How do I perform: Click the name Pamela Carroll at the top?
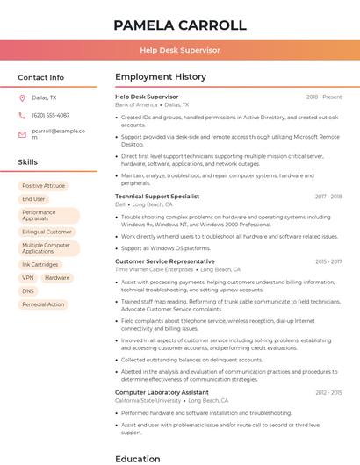[x=179, y=25]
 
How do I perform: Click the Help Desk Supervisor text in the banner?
[x=179, y=50]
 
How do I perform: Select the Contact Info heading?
[x=40, y=77]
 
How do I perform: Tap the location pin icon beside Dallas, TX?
[x=22, y=98]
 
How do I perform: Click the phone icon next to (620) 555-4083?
[x=22, y=116]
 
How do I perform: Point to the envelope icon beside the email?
[x=22, y=134]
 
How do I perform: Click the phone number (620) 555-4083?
[x=50, y=116]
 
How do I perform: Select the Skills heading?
[x=28, y=162]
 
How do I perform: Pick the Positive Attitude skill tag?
[x=44, y=186]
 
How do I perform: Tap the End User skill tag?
[x=33, y=199]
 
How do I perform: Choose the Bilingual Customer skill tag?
[x=47, y=232]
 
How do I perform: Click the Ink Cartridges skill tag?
[x=40, y=264]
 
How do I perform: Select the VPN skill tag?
[x=28, y=277]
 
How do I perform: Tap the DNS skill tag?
[x=28, y=290]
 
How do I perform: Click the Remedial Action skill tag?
[x=43, y=304]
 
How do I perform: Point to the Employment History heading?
[x=161, y=77]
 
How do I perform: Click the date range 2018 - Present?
[x=324, y=97]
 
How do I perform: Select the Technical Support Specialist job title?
[x=157, y=197]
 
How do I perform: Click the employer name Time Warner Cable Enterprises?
[x=155, y=269]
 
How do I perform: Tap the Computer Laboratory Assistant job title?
[x=162, y=392]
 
